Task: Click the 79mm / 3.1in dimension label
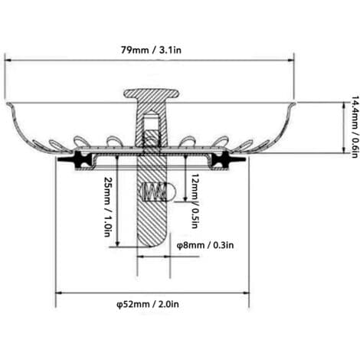coord(151,50)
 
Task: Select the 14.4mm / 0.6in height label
coord(354,127)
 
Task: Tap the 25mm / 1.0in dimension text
coord(108,206)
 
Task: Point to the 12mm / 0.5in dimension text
coord(195,201)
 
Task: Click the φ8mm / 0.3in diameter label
coord(205,245)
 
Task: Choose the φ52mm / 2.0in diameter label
coord(148,304)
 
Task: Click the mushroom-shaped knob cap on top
coord(151,93)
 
